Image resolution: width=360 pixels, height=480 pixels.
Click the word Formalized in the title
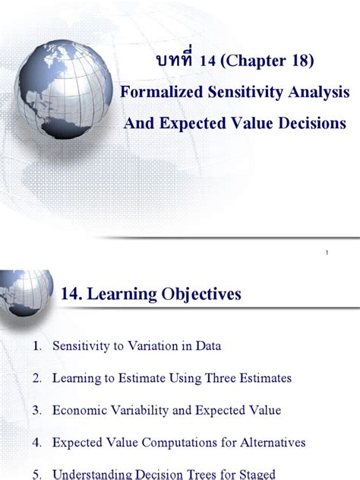coord(159,93)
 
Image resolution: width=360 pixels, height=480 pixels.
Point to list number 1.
coord(36,346)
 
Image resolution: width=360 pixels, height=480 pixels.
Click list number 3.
coord(36,410)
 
